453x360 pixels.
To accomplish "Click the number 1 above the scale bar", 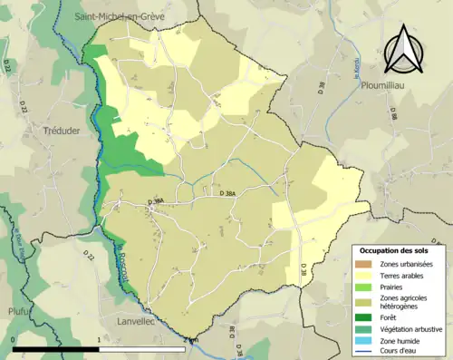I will [x=98, y=341].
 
